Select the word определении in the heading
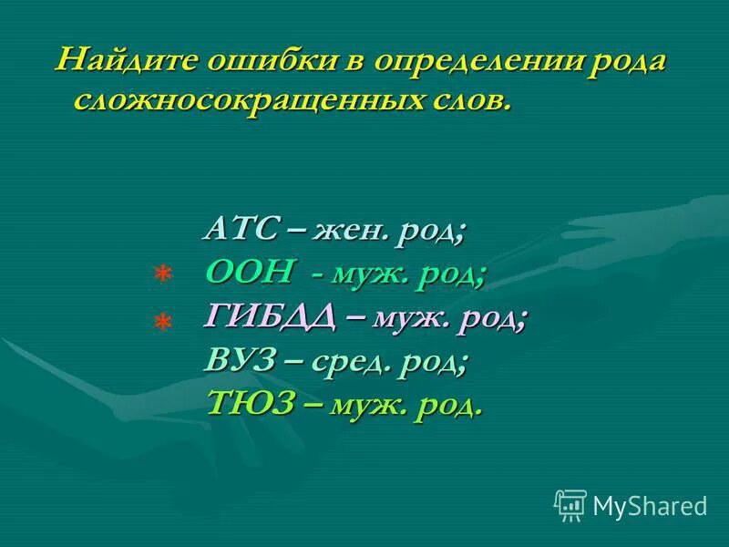pos(477,64)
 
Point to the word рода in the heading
pos(627,64)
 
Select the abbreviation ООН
pos(251,271)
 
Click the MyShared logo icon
pos(570,504)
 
